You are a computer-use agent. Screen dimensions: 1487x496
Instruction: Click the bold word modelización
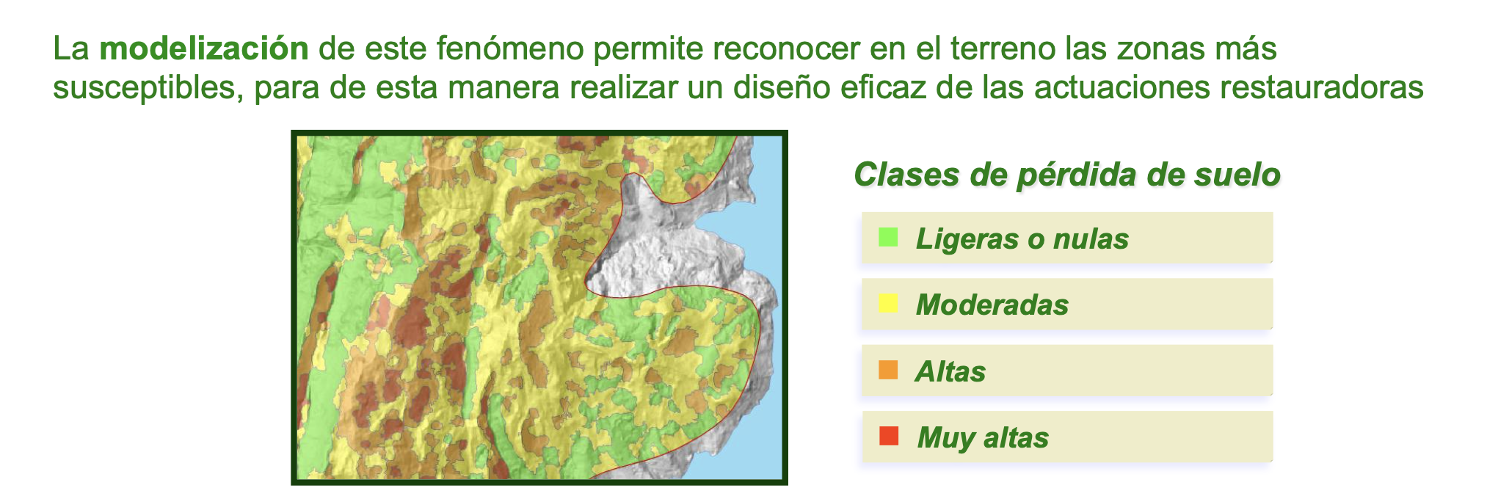(204, 48)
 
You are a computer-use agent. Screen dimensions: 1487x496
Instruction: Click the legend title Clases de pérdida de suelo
(1067, 175)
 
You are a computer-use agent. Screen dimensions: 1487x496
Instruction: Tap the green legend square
(888, 238)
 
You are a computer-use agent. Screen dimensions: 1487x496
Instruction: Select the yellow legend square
(888, 303)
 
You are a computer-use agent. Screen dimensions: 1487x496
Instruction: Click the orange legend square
(888, 370)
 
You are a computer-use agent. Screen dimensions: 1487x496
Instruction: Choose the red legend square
(888, 436)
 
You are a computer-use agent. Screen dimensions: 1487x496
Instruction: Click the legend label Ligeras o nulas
(1022, 238)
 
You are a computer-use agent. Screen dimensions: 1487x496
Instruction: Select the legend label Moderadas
(992, 304)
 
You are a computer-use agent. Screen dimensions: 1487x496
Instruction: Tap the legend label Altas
(950, 372)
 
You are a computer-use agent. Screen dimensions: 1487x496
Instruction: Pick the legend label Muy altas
(983, 438)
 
